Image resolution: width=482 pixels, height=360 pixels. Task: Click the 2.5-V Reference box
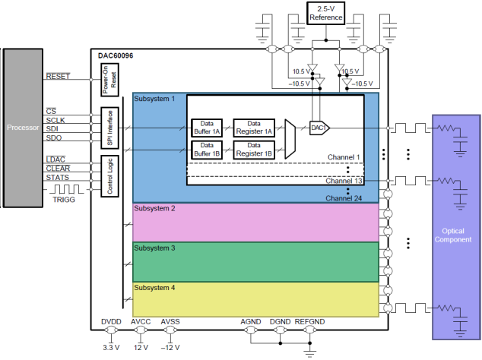(326, 13)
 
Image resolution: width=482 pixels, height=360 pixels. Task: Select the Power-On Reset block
(109, 80)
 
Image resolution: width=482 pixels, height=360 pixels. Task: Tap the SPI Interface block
(109, 128)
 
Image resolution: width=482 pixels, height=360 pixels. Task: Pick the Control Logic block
(109, 176)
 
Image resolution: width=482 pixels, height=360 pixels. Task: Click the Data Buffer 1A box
(207, 128)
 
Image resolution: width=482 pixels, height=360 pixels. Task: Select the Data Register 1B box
(254, 150)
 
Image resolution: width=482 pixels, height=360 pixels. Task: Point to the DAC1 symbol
(319, 128)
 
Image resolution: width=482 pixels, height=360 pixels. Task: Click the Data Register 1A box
(254, 128)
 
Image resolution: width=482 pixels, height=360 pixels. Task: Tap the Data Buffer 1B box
(207, 150)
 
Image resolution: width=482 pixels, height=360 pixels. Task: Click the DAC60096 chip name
(116, 56)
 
